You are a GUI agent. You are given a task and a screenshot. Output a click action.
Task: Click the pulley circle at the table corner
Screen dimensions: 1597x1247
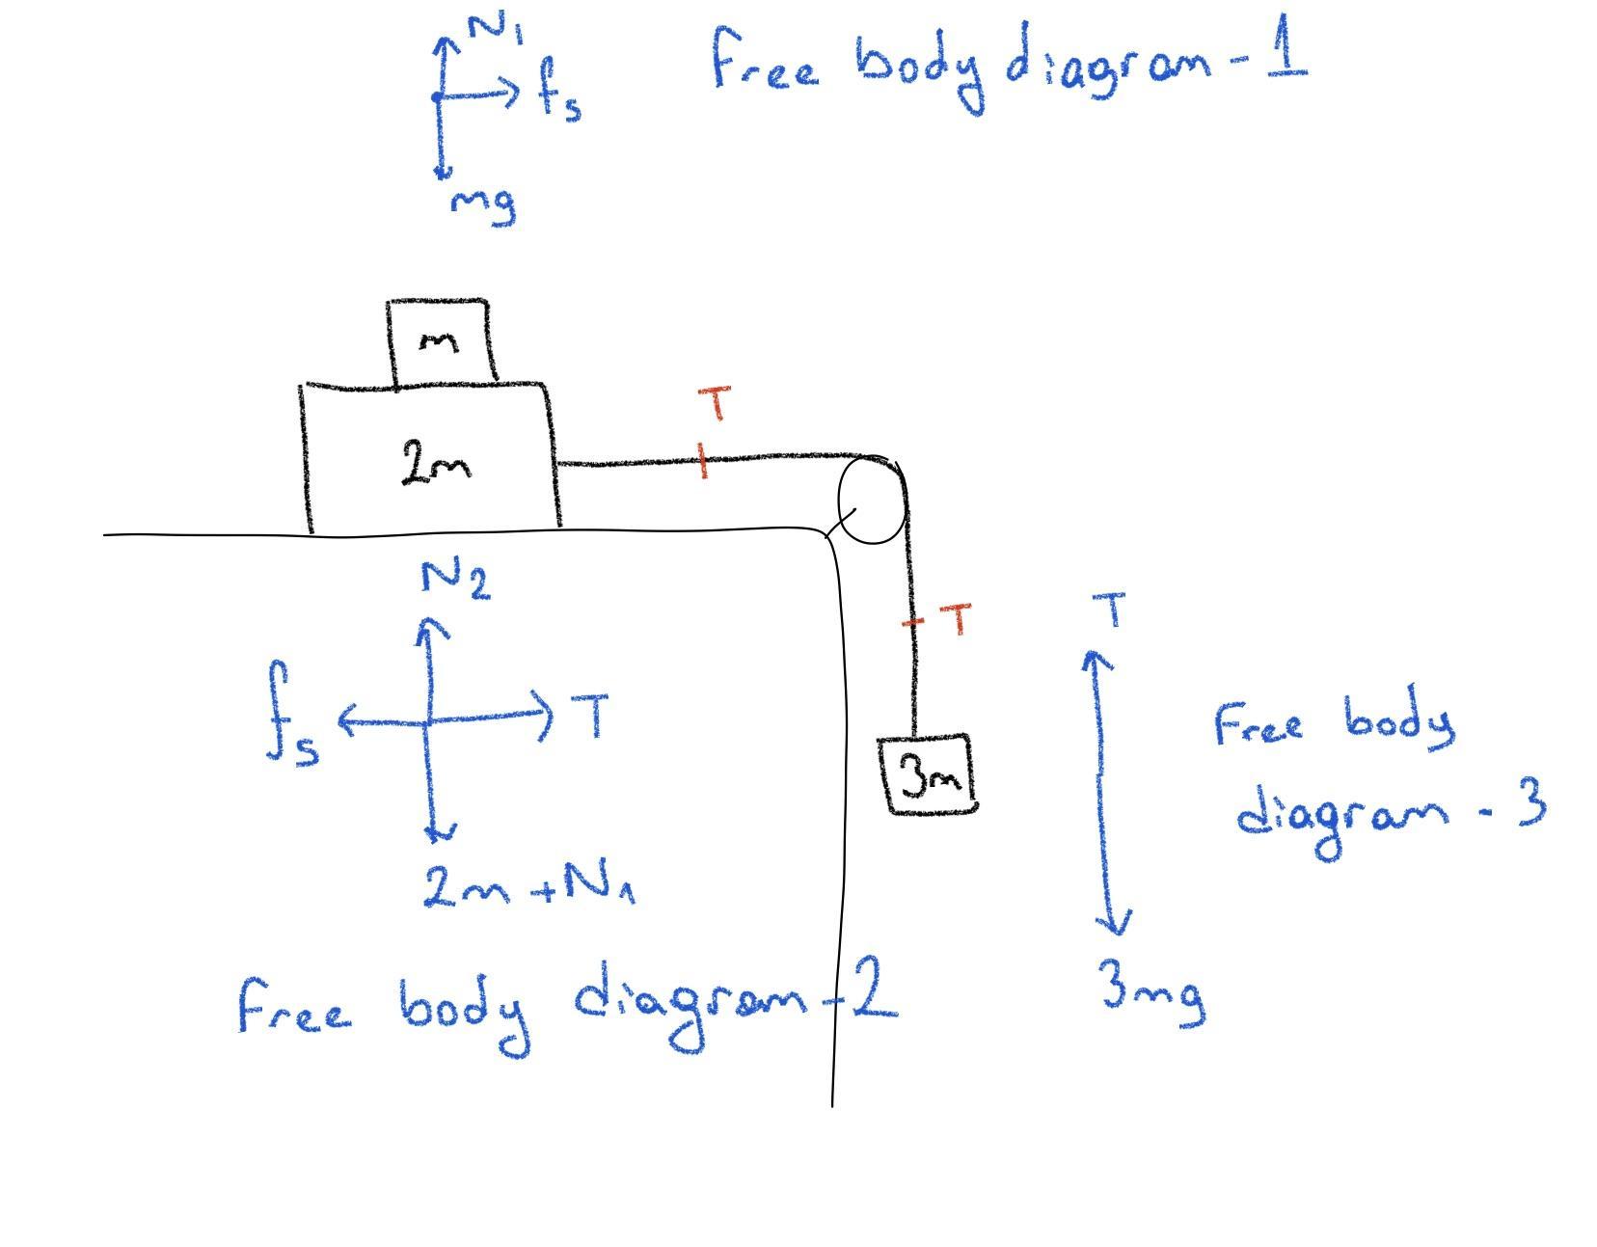pos(873,500)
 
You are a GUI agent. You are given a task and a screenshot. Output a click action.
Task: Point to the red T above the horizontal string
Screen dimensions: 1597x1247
pos(715,403)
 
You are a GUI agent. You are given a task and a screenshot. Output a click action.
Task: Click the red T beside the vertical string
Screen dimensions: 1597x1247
pos(956,619)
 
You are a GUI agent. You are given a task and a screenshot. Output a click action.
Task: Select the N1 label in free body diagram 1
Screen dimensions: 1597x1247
pos(497,28)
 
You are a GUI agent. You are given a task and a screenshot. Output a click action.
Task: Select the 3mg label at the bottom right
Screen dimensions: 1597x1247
pos(1152,991)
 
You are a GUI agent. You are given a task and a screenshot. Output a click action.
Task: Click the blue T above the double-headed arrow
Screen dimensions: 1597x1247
pos(1108,610)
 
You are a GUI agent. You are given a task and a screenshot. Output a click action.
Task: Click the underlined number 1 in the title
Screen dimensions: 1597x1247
pos(1286,44)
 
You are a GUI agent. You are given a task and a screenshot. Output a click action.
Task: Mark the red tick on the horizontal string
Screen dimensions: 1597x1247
pos(703,461)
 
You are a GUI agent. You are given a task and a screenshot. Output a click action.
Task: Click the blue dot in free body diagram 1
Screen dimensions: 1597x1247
pos(437,96)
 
